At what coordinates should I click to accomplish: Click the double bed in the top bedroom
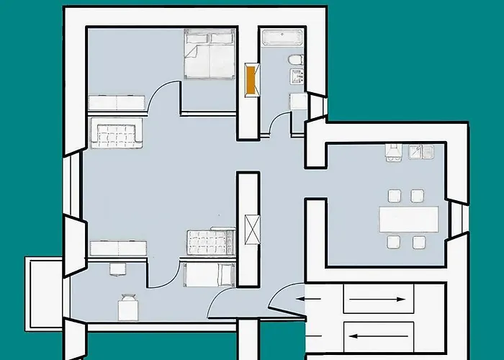(210, 54)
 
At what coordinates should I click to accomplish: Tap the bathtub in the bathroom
(283, 38)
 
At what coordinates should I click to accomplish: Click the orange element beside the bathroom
(251, 79)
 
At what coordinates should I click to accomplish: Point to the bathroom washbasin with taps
(298, 76)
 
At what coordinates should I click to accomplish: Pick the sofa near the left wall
(116, 134)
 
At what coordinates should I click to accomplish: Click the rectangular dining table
(408, 219)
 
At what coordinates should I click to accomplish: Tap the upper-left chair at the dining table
(394, 195)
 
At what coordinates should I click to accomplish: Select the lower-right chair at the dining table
(418, 242)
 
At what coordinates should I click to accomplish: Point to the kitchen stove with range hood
(392, 151)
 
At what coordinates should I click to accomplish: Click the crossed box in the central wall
(251, 229)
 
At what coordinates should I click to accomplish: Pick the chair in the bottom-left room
(128, 307)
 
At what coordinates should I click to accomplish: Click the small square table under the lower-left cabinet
(117, 268)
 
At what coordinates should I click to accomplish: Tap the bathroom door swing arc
(276, 124)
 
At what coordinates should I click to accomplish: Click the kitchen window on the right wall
(456, 219)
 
